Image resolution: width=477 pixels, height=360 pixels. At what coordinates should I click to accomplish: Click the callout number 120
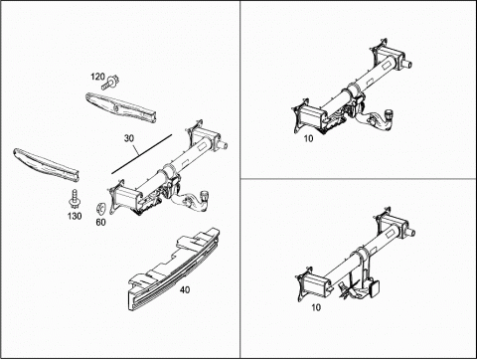(x=97, y=77)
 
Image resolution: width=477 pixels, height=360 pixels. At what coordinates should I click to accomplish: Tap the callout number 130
(x=75, y=216)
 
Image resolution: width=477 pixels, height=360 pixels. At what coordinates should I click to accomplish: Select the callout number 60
(x=100, y=222)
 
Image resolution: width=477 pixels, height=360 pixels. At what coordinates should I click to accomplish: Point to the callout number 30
(x=129, y=138)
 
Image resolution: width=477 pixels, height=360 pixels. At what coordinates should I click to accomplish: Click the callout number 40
(x=185, y=289)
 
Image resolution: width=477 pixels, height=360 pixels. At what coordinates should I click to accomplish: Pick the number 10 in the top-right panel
(x=308, y=138)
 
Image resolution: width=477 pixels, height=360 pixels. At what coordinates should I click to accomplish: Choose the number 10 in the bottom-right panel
(x=316, y=307)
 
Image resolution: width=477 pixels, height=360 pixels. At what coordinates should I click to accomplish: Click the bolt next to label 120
(x=110, y=83)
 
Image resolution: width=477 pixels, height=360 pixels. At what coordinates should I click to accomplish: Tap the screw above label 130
(x=75, y=198)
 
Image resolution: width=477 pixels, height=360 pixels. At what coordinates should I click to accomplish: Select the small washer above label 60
(x=100, y=209)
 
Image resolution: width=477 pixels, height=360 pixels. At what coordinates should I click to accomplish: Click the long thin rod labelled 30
(x=142, y=154)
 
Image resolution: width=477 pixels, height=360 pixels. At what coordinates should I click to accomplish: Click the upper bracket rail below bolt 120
(x=121, y=107)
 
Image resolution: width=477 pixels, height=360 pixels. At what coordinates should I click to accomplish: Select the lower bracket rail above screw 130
(x=46, y=165)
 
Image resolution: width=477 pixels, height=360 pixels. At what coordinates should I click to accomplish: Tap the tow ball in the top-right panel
(x=389, y=115)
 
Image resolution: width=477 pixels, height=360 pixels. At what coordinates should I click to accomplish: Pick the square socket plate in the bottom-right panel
(x=375, y=287)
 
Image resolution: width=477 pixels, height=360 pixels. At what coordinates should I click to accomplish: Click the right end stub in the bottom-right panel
(x=410, y=232)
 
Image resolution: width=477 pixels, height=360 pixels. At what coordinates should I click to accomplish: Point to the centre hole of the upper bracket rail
(x=116, y=107)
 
